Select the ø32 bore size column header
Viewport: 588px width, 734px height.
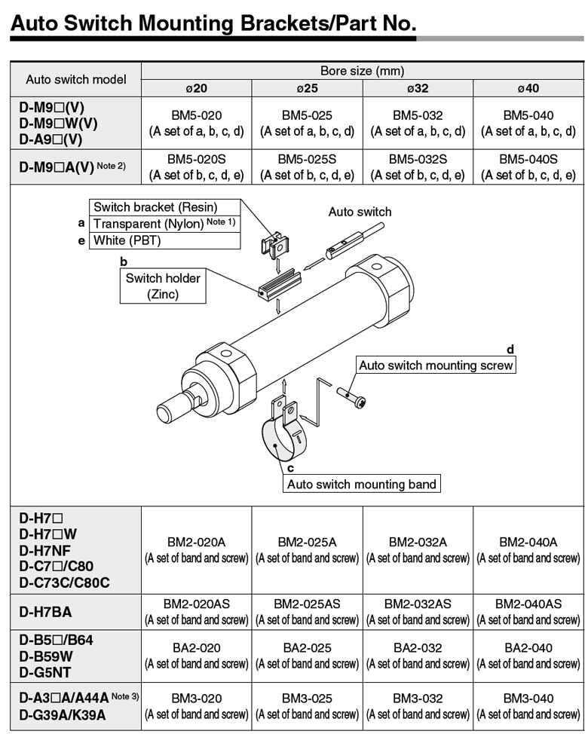pyautogui.click(x=418, y=88)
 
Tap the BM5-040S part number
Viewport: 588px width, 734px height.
pyautogui.click(x=528, y=159)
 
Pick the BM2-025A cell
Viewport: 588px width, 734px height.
pyautogui.click(x=307, y=542)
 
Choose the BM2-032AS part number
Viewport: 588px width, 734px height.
pyautogui.click(x=418, y=604)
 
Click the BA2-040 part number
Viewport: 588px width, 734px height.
pyautogui.click(x=528, y=647)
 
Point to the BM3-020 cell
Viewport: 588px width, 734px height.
pyautogui.click(x=196, y=699)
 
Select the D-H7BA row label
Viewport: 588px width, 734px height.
pyautogui.click(x=46, y=612)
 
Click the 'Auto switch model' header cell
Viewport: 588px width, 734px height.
pyautogui.click(x=76, y=79)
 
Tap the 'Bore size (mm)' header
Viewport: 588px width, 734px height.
pyautogui.click(x=362, y=71)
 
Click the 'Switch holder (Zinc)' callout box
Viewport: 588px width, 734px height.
pyautogui.click(x=163, y=286)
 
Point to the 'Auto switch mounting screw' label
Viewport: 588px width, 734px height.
pyautogui.click(x=436, y=365)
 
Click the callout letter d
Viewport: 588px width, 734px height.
pyautogui.click(x=510, y=350)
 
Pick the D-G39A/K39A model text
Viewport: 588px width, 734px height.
pyautogui.click(x=62, y=715)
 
